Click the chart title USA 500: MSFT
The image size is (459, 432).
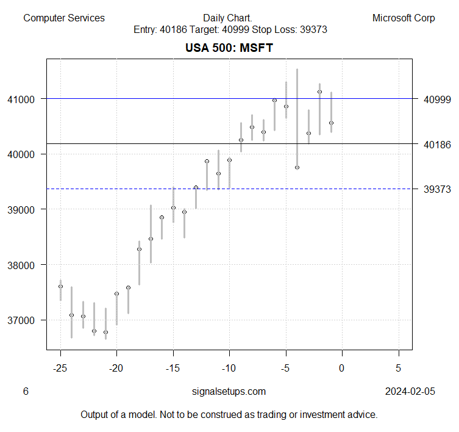tap(229, 48)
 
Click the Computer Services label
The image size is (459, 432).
tap(64, 18)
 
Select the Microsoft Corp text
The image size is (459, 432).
tap(404, 18)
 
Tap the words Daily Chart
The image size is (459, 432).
tap(228, 18)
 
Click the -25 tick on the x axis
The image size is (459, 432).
tap(60, 367)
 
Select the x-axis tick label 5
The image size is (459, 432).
tap(398, 367)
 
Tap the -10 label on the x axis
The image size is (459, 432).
tap(229, 367)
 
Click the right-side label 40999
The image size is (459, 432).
tap(437, 99)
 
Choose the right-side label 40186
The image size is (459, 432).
tap(437, 144)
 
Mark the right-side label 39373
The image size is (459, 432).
tap(437, 189)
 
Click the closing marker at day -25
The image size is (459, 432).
tap(60, 286)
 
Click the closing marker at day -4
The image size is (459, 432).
tap(297, 167)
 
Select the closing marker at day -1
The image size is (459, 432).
tap(331, 123)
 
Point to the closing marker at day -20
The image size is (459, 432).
tap(116, 293)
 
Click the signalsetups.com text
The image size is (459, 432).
tap(229, 391)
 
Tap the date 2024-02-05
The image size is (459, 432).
tap(410, 391)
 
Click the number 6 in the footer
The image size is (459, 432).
tap(26, 391)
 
